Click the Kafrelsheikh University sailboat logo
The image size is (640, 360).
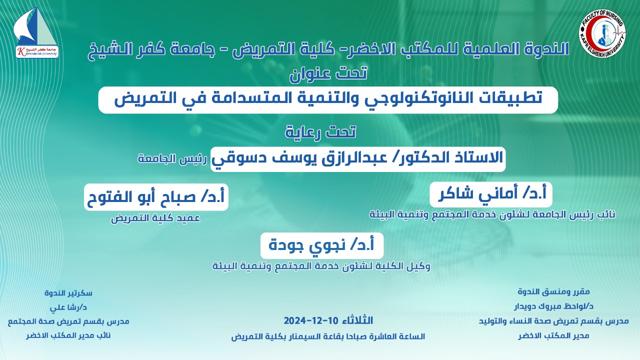[x=36, y=32]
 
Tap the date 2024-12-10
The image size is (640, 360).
[x=311, y=320]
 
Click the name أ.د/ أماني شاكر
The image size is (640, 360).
[x=492, y=194]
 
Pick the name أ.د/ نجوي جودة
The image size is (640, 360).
[x=321, y=245]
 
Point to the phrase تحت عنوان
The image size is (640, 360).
[x=328, y=73]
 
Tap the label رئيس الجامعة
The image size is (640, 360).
[x=172, y=159]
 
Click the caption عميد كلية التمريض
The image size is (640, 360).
[x=155, y=218]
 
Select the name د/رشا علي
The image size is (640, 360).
[x=68, y=307]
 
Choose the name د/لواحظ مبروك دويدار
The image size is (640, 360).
[x=553, y=306]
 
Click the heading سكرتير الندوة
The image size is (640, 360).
[x=68, y=293]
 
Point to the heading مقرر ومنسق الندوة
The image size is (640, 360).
[x=553, y=292]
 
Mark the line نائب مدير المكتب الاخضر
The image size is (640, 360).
[x=68, y=335]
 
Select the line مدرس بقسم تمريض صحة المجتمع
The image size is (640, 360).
[x=68, y=321]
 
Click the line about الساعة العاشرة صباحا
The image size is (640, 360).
[x=328, y=336]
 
